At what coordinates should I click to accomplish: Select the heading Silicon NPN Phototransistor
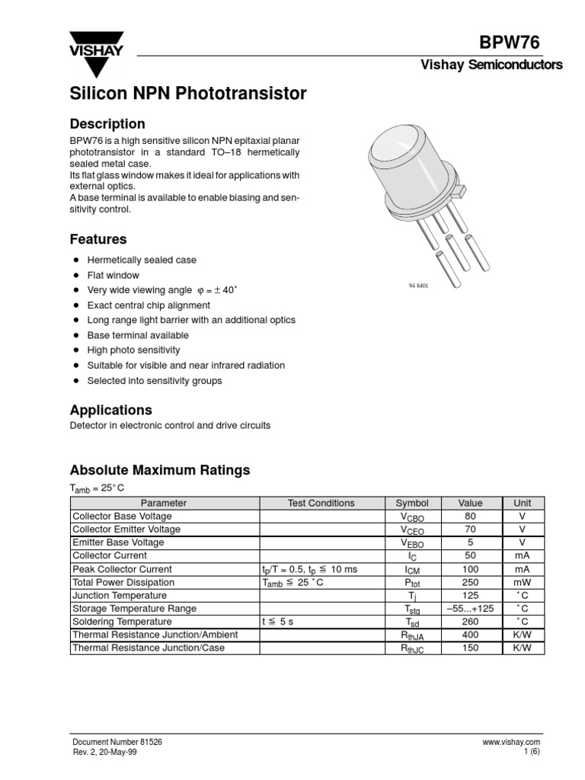click(188, 94)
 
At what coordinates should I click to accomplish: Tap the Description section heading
click(107, 123)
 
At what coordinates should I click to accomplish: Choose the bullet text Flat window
click(113, 275)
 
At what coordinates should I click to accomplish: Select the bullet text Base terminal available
click(138, 335)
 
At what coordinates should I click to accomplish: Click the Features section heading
click(98, 239)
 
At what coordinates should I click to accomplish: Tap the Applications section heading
click(111, 410)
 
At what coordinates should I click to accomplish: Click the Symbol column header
click(412, 503)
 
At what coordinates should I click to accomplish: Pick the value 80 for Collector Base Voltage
click(470, 516)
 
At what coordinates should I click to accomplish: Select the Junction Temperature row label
click(119, 596)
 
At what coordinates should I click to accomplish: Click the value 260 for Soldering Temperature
click(470, 622)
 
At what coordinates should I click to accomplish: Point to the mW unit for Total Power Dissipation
click(522, 582)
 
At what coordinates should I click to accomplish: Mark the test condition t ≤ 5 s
click(277, 622)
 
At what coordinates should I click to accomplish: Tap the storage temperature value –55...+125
click(470, 609)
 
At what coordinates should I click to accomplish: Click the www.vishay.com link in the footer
click(511, 742)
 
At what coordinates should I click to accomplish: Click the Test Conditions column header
click(321, 503)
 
